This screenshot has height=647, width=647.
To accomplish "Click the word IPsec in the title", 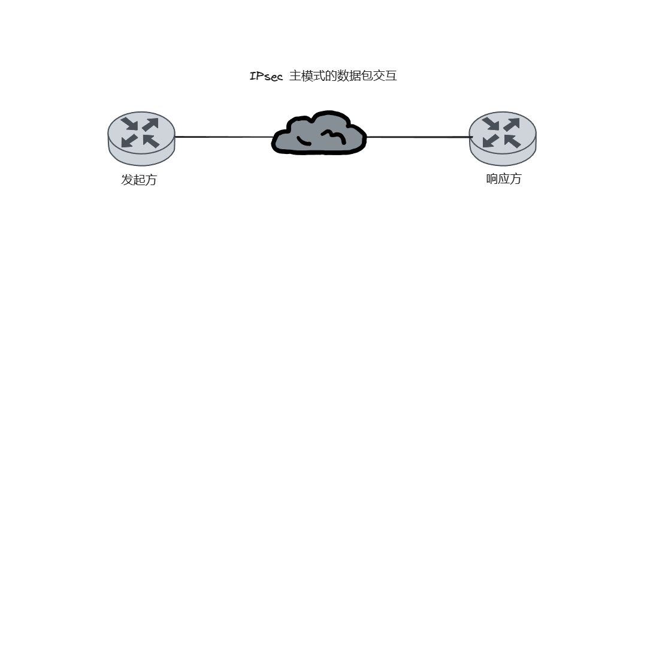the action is tap(266, 76).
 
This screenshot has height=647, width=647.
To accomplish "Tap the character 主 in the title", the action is tap(295, 76).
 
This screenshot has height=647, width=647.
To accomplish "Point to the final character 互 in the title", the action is tap(391, 76).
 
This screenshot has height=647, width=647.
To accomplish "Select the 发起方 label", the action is tap(139, 180).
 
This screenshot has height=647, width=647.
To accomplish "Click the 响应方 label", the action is tap(504, 179).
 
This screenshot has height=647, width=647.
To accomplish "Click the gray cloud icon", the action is tap(319, 133).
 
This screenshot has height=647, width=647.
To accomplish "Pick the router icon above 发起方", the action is tap(141, 138).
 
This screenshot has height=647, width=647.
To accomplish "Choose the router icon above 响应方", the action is tap(503, 138).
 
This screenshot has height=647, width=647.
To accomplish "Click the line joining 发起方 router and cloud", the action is tap(223, 137).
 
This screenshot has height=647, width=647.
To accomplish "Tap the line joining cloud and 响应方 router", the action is tap(419, 137).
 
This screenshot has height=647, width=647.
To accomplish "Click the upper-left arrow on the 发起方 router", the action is tap(130, 123).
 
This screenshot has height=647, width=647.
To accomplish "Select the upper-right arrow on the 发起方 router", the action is tap(150, 125).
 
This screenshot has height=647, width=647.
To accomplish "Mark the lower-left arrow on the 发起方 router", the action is tap(129, 140).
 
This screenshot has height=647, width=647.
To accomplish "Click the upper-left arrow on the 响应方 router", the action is tap(491, 123).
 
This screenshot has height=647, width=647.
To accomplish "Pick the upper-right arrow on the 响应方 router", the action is tap(512, 125).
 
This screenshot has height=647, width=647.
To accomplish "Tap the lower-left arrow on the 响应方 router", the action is tap(491, 140).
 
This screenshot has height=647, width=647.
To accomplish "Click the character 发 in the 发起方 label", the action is tap(127, 180).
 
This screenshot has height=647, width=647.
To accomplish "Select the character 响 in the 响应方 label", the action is tap(492, 179).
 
